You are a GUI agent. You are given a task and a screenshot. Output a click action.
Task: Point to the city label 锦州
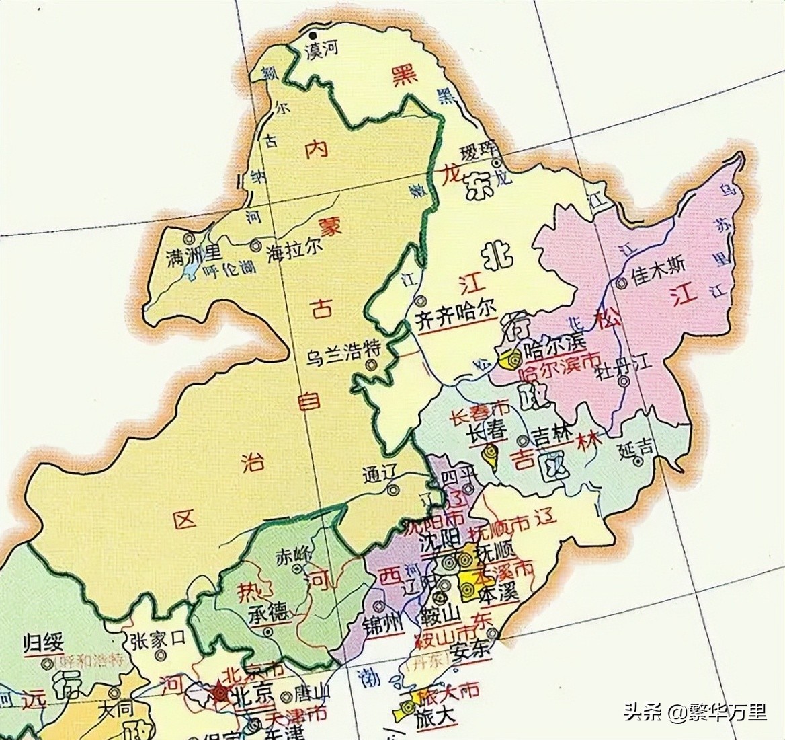pos(380,625)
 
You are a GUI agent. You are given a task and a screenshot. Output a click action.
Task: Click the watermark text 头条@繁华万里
pos(694,711)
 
